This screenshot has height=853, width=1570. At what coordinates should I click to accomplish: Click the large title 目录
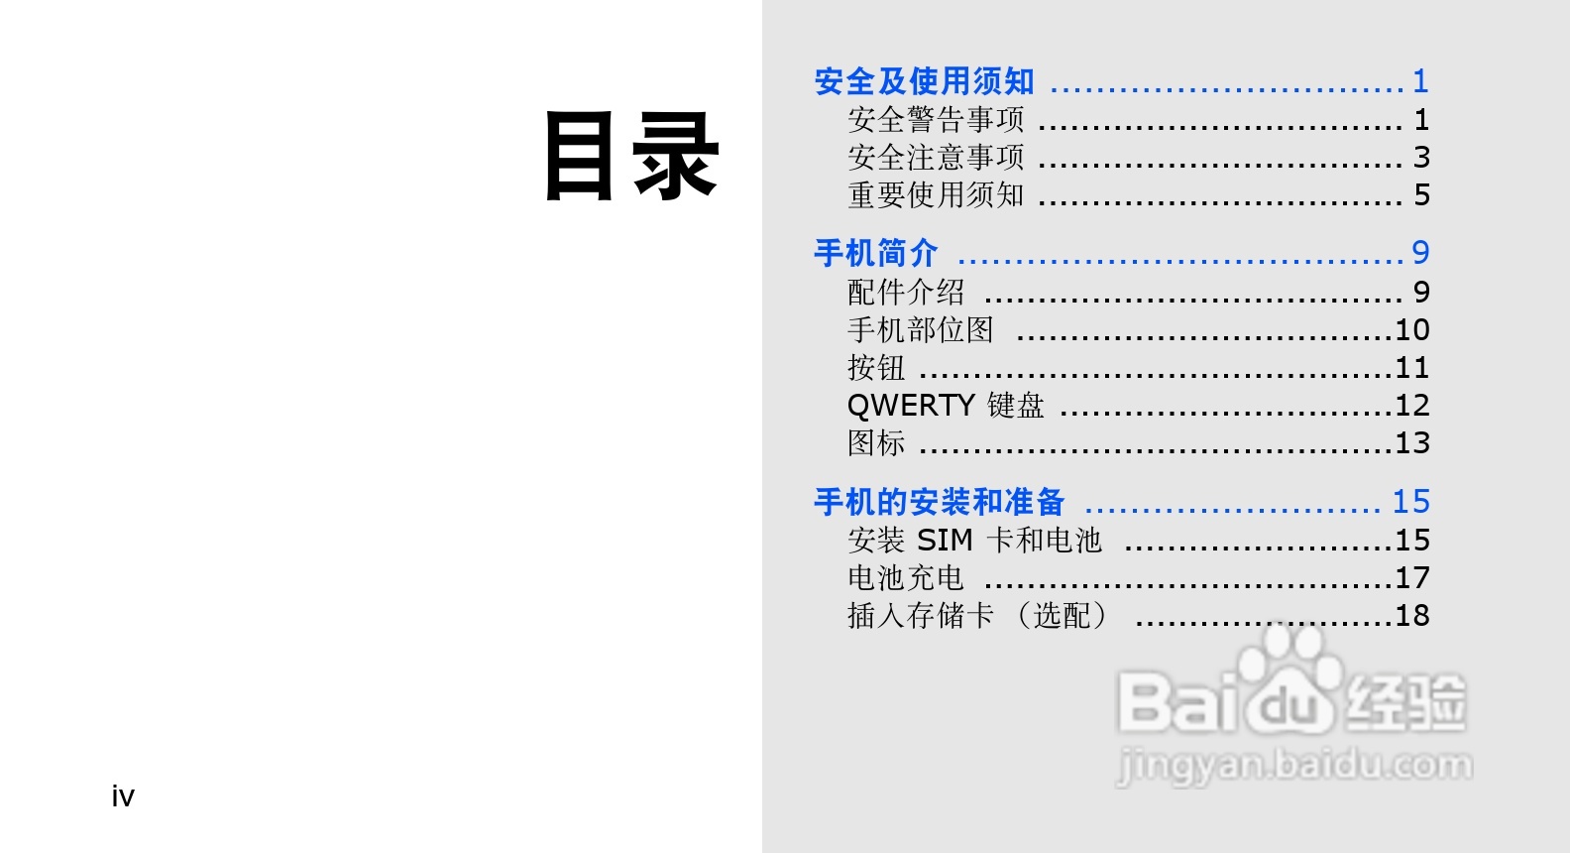631,157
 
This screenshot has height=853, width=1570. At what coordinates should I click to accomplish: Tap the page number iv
123,796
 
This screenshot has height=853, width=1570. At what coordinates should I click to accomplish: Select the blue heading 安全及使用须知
924,81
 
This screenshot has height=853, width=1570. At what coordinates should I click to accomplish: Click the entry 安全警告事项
936,120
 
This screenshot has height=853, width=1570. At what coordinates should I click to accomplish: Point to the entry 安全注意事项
936,158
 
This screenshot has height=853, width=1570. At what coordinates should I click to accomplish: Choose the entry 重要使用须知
936,195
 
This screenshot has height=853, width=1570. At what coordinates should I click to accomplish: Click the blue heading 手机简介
875,253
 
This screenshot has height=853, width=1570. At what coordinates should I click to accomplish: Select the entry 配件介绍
906,293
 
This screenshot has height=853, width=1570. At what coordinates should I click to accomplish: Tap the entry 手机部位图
921,330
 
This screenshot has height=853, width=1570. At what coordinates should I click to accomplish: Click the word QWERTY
911,406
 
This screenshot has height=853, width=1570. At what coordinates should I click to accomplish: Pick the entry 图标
876,443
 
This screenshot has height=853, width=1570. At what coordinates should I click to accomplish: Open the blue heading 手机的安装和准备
939,502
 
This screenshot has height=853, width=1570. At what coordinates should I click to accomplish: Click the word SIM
945,541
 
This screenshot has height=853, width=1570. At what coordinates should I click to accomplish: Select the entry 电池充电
906,578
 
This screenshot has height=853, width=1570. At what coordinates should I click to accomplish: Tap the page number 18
1412,616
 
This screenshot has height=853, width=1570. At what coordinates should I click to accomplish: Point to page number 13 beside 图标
1412,443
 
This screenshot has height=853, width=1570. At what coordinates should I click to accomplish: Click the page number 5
1421,195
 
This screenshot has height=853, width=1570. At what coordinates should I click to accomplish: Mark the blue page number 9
1420,253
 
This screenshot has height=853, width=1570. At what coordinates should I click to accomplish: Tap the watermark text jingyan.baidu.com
1294,766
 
